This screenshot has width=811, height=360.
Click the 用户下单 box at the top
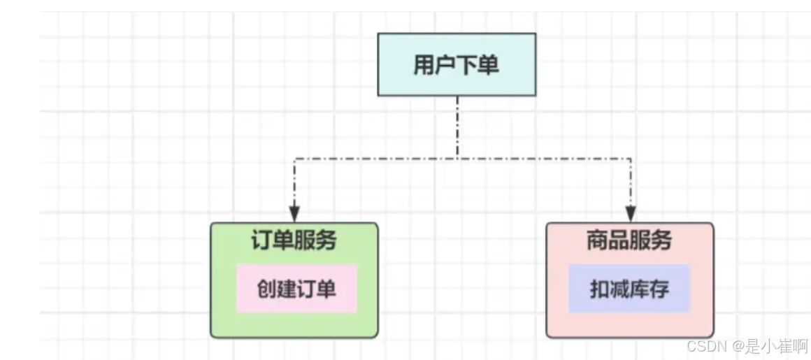click(457, 64)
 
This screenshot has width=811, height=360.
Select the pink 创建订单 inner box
click(296, 289)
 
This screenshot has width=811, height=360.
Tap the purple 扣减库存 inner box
click(629, 289)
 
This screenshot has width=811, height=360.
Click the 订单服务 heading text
click(294, 240)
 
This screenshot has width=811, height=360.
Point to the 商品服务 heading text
click(629, 240)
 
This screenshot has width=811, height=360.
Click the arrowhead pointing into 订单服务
click(295, 213)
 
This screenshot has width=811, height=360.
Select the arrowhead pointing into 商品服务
click(631, 213)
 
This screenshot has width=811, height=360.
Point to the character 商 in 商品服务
click(597, 240)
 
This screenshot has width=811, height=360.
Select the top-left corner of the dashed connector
click(295, 159)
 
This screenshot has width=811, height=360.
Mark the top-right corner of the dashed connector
click(631, 159)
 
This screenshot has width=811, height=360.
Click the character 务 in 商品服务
click(661, 240)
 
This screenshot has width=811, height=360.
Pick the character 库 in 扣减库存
click(639, 289)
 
